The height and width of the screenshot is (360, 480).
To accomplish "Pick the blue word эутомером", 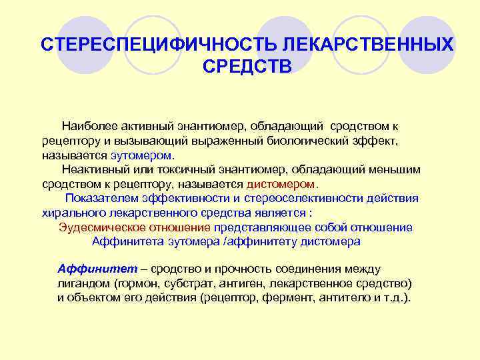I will point(141,155).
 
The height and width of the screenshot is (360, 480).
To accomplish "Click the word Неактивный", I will point(91,169).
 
